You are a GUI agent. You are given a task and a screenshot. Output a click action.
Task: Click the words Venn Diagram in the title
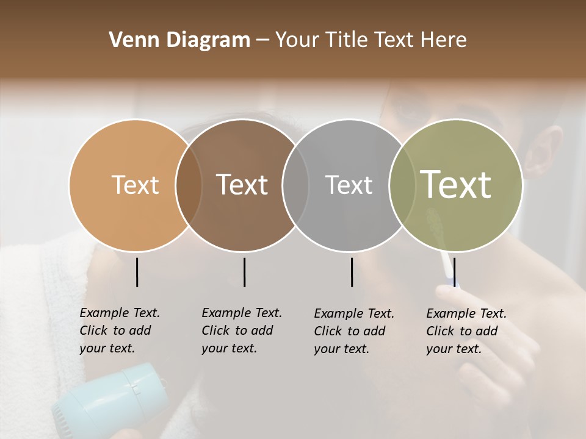(179, 40)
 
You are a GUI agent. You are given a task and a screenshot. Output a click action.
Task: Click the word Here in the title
(444, 40)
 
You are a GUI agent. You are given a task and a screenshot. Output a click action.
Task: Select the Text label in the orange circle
(135, 185)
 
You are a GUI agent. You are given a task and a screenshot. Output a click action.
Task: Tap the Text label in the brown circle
(242, 185)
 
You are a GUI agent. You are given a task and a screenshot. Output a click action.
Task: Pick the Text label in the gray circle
(349, 185)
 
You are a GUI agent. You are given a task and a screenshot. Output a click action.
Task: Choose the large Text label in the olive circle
(456, 185)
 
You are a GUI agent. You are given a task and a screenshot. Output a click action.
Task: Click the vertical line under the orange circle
(137, 272)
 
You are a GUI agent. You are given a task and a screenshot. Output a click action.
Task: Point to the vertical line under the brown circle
(244, 272)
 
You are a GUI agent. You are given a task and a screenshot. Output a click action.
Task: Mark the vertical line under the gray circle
(352, 272)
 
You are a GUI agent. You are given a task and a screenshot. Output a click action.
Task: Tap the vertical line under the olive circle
(455, 272)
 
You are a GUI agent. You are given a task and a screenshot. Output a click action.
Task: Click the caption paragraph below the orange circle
(120, 330)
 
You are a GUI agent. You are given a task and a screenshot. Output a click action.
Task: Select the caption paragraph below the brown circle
(242, 330)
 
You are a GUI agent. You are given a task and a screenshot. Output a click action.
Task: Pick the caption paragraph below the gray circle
(354, 331)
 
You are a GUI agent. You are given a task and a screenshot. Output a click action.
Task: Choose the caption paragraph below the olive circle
(466, 331)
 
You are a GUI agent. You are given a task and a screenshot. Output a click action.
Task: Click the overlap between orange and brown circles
(189, 185)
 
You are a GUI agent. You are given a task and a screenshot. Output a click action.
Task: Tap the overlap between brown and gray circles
(295, 185)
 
